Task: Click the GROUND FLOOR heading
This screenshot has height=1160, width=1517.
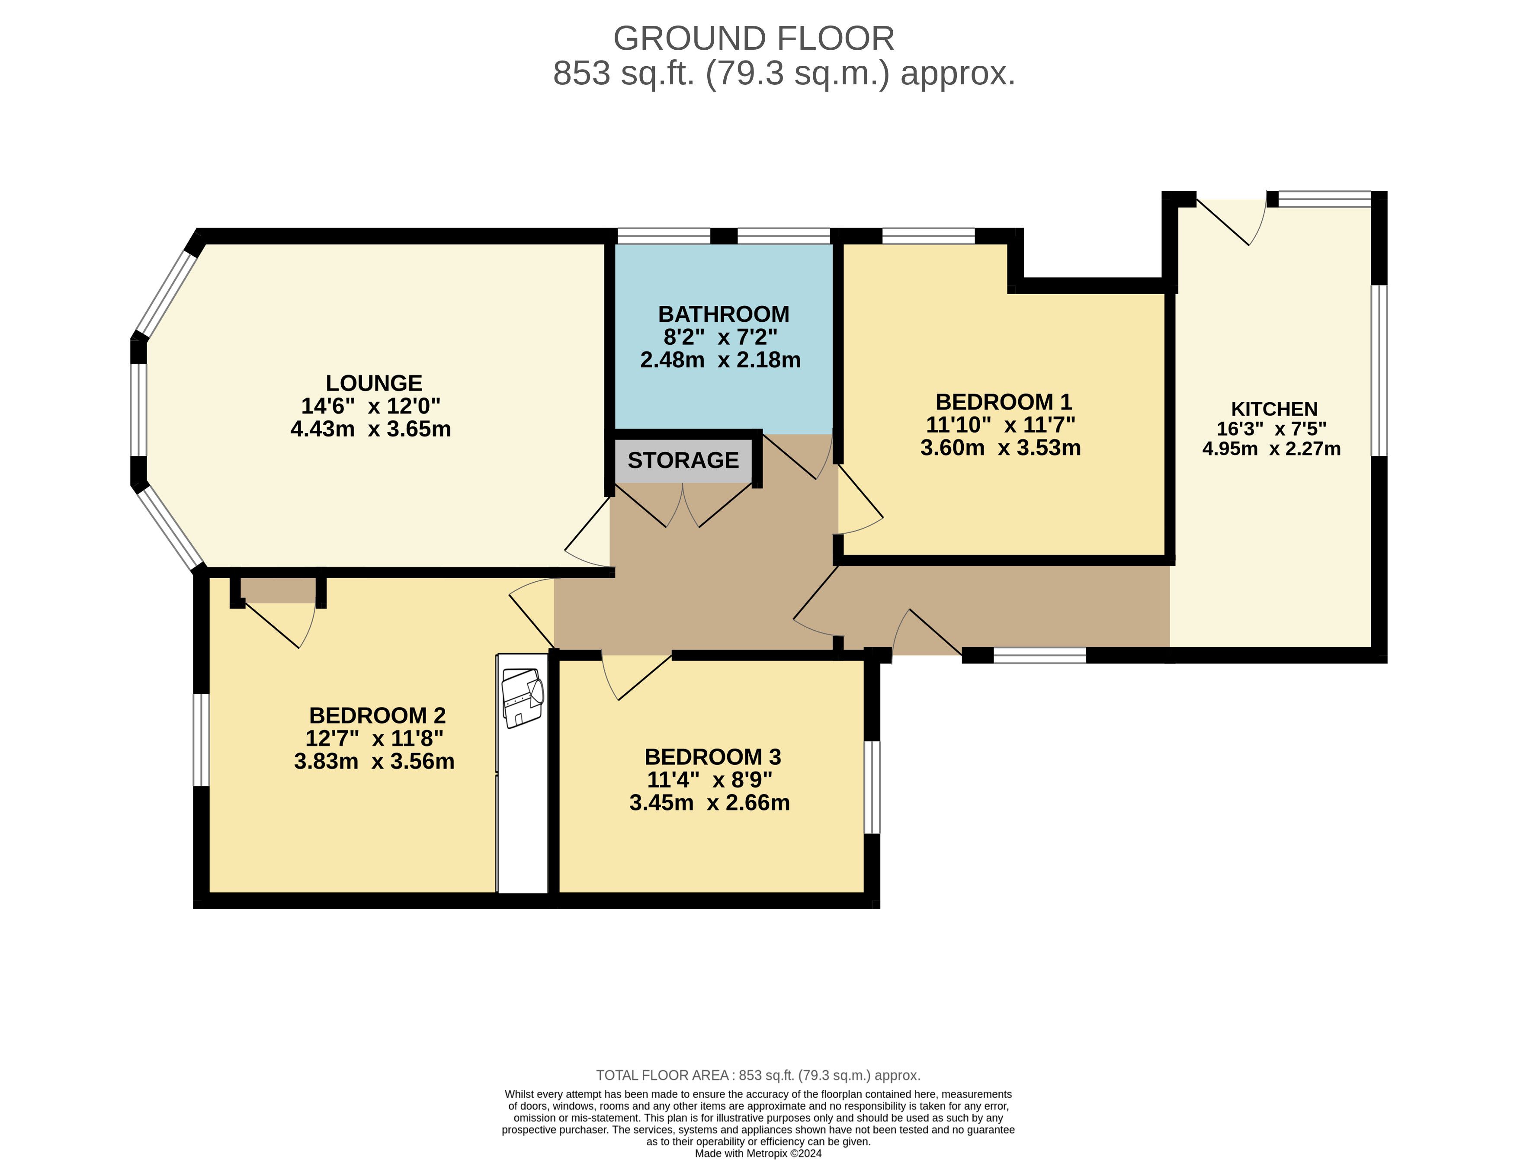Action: [x=754, y=38]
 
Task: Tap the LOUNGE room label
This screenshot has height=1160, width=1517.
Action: [x=374, y=383]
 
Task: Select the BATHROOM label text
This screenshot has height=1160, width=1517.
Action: [x=724, y=314]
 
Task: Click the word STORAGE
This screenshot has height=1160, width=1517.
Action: [x=683, y=460]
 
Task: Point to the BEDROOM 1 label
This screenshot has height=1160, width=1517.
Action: [x=1003, y=402]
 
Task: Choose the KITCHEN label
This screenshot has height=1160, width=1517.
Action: [x=1274, y=409]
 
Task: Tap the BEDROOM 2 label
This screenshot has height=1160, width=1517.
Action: [x=377, y=715]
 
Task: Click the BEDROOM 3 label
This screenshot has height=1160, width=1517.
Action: [x=712, y=757]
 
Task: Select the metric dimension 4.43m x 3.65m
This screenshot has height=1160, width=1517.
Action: [x=371, y=429]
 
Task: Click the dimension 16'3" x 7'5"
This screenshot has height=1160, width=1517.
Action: [x=1271, y=429]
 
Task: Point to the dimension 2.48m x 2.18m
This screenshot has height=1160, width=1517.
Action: [x=720, y=360]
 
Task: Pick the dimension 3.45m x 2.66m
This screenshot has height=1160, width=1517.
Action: [x=709, y=802]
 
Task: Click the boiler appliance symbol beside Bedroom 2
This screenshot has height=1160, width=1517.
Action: [x=523, y=697]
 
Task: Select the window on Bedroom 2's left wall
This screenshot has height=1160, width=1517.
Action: [x=201, y=740]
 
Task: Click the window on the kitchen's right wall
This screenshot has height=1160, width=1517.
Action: [x=1379, y=371]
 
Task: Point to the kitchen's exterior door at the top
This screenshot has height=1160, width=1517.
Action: [x=1231, y=221]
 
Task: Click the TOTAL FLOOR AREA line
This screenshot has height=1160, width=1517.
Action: [x=758, y=1075]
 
